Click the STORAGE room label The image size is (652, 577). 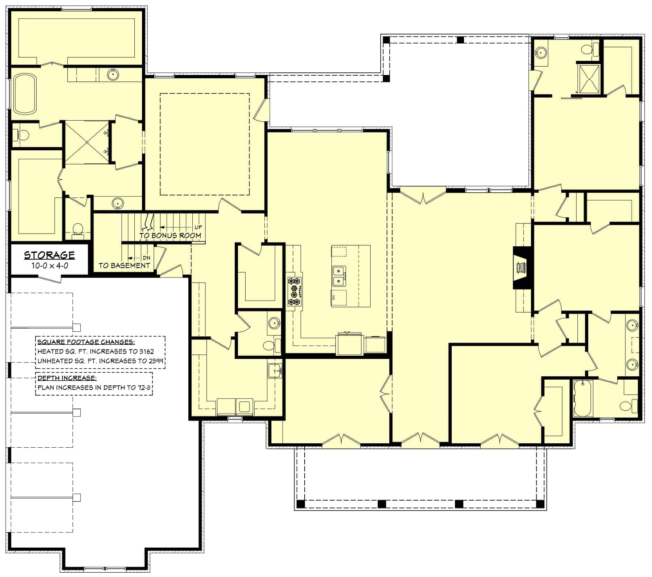click(x=49, y=255)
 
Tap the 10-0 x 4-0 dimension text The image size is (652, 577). click(x=50, y=265)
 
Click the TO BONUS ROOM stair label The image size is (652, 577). click(x=170, y=235)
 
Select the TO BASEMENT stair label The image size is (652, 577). click(x=124, y=265)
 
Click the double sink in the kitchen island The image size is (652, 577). click(x=339, y=276)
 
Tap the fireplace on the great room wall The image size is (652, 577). click(x=522, y=268)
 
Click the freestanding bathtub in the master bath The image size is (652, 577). click(x=25, y=94)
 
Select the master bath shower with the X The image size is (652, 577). click(x=87, y=142)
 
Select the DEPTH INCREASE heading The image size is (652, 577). click(x=67, y=378)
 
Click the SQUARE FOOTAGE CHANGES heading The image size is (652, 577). click(x=86, y=342)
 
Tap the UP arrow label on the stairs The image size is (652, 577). click(x=198, y=227)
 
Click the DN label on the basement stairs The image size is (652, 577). click(x=146, y=258)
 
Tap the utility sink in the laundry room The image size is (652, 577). click(x=275, y=371)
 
